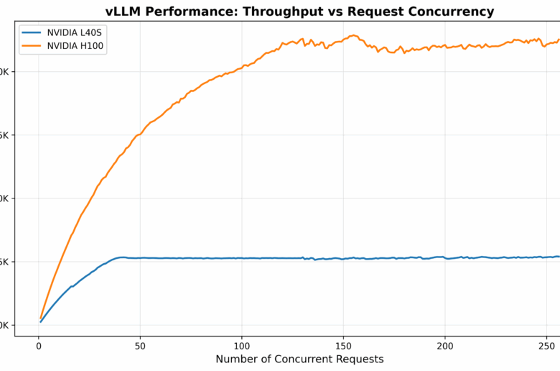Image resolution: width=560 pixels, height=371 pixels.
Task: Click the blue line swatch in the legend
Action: tap(31, 33)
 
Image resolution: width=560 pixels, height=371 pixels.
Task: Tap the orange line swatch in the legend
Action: tap(31, 46)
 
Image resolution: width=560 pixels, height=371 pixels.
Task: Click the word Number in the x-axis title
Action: tap(235, 359)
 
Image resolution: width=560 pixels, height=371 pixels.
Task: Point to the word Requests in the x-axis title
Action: tap(361, 359)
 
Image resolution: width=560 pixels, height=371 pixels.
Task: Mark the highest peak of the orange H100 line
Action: tap(354, 35)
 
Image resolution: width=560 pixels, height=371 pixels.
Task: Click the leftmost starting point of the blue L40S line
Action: tap(41, 321)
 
